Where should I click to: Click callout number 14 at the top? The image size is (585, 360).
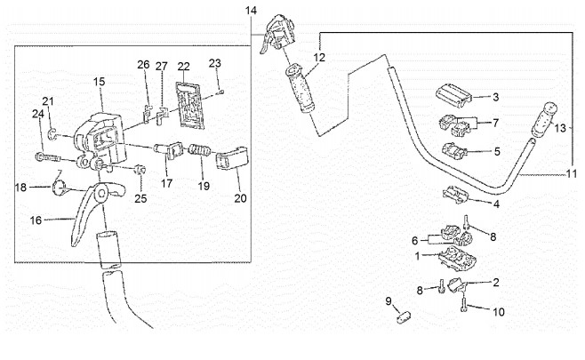(x=251, y=10)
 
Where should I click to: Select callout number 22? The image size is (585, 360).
(x=183, y=67)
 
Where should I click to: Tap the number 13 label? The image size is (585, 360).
(x=559, y=129)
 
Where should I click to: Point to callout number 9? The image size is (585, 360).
(x=389, y=301)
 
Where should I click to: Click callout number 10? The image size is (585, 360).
(x=498, y=311)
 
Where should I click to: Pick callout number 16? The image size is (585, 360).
(x=36, y=218)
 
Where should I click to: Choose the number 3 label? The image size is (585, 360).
(x=495, y=96)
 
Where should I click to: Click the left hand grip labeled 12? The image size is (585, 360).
(x=300, y=89)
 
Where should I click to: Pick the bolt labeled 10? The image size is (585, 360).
(x=465, y=305)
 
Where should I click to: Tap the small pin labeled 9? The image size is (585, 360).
(x=402, y=313)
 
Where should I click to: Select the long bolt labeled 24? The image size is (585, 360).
(x=49, y=158)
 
